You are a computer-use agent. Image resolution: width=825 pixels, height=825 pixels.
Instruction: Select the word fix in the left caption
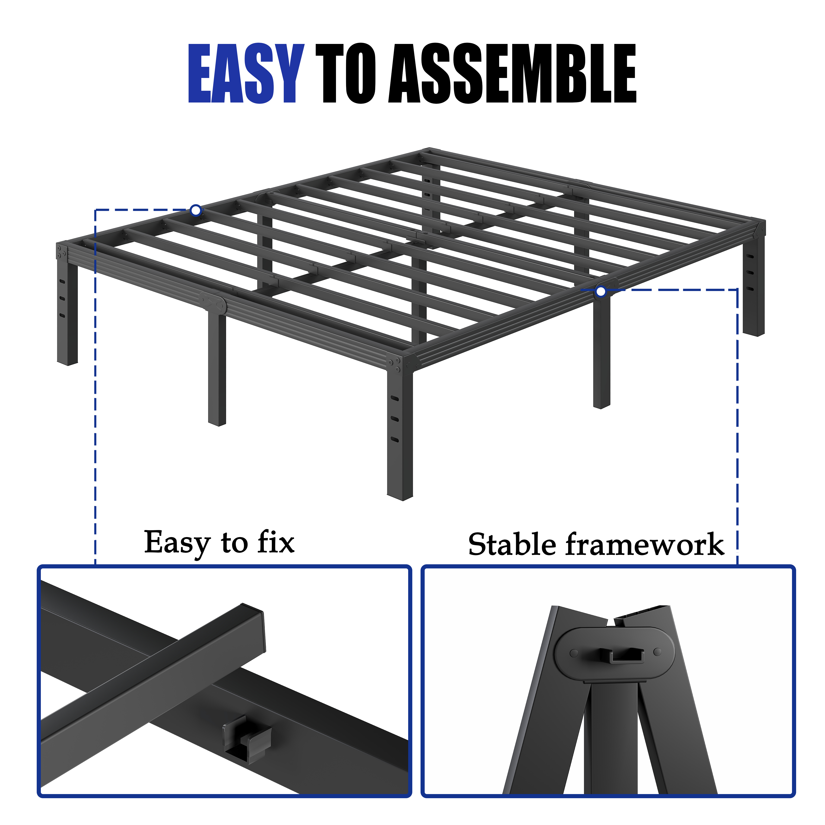(x=276, y=542)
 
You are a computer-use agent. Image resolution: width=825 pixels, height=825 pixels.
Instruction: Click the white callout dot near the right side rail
(x=601, y=292)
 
